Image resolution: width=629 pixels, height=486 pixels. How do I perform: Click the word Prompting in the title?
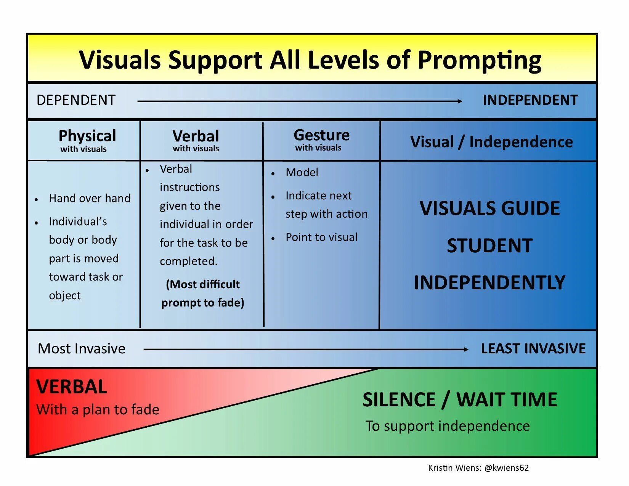coord(479,60)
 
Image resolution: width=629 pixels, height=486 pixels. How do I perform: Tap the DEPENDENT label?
coord(76,100)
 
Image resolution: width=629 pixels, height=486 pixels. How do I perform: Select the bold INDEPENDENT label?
coord(530,100)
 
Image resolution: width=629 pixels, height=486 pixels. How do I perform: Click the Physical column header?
coord(87,136)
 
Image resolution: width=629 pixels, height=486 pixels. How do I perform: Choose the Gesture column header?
coord(321,135)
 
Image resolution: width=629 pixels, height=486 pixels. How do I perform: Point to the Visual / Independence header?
coord(491,142)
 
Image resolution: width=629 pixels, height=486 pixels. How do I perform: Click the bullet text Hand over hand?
coord(90,198)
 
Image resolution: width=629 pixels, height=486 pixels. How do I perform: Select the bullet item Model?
coord(302,172)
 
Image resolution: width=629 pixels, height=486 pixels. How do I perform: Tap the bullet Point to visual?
coord(321,237)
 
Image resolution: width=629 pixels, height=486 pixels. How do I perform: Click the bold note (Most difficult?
coord(203,284)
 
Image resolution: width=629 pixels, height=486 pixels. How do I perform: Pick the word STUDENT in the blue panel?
coord(489,245)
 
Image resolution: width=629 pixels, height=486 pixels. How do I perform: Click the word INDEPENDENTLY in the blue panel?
coord(489,282)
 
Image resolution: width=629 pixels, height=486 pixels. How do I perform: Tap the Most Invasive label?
coord(82,348)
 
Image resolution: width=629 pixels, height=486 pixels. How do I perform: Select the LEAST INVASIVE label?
coord(533,348)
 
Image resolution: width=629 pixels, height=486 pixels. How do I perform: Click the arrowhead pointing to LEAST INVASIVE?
coord(465,349)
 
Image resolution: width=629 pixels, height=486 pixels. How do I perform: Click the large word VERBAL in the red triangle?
coord(72,387)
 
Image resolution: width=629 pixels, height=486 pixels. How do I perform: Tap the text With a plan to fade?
coord(98,409)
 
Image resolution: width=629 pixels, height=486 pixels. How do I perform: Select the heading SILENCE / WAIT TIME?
coord(460,399)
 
